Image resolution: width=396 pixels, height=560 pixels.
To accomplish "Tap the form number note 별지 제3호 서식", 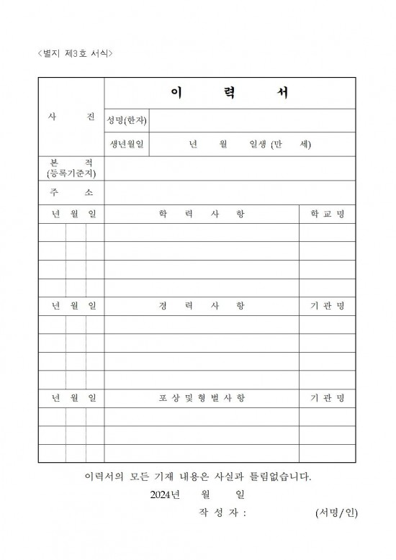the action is (75, 54).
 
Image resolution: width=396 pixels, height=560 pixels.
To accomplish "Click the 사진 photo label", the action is (71, 118).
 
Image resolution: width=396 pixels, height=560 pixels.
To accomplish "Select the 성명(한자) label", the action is (127, 119).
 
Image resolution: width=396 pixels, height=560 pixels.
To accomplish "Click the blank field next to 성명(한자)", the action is (252, 120).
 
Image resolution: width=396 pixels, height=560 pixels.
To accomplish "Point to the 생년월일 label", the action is (127, 144).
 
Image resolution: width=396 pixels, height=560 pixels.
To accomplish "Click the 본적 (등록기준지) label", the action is (71, 168).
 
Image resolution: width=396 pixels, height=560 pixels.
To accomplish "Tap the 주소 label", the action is (71, 193).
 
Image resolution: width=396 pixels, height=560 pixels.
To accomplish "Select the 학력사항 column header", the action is (202, 214).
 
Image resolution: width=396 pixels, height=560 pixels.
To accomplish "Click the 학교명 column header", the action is (328, 214).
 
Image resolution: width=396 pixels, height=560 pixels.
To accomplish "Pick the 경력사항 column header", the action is (202, 306).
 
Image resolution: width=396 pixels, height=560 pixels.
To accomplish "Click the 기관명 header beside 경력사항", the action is (328, 306).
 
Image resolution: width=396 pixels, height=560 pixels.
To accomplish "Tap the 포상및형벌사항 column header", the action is (202, 398).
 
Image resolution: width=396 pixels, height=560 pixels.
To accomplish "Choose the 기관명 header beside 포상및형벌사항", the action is (328, 398).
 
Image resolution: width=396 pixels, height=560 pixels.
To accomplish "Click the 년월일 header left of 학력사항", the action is (71, 214).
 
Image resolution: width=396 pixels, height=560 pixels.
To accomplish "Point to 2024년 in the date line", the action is (168, 494).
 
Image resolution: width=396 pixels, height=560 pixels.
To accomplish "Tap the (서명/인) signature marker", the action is (336, 513).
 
